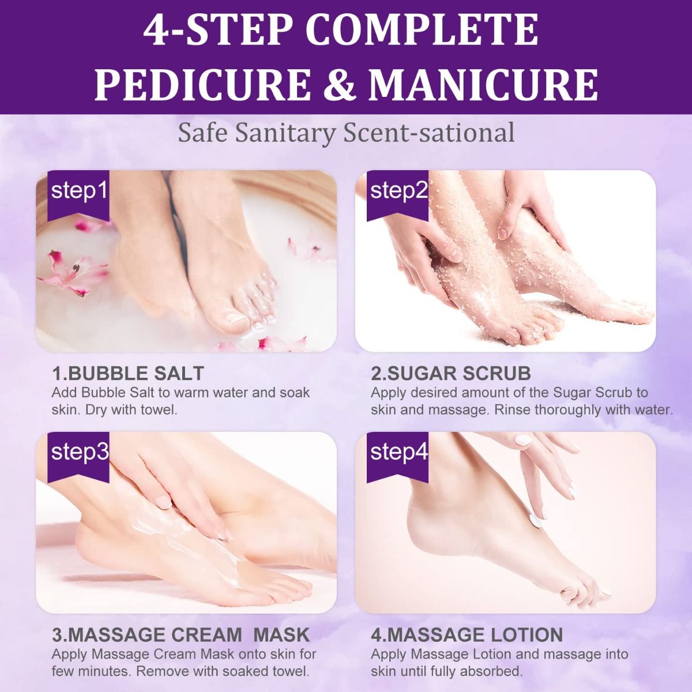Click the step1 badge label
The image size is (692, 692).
coord(80,191)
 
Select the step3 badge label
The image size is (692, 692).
coord(80,452)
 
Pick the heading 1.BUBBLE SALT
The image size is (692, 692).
coord(128,373)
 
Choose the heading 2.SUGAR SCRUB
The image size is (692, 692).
coord(451,373)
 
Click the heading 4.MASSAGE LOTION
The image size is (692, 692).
coord(467,635)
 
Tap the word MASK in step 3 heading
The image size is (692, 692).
coord(282,635)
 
